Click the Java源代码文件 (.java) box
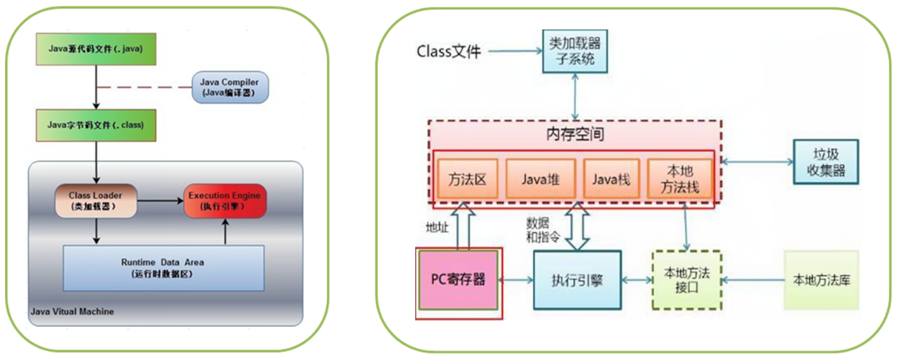[95, 50]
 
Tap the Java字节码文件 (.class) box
[95, 125]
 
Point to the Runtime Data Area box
[163, 267]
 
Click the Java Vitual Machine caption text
[72, 311]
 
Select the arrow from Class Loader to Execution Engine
[158, 199]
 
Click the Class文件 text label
[448, 53]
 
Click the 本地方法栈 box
[680, 177]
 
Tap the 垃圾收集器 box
[824, 162]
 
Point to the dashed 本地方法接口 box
[686, 279]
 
